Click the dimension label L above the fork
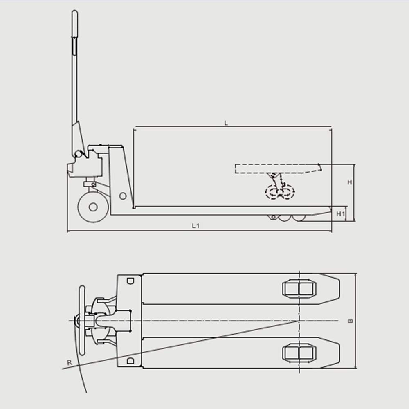point(226,123)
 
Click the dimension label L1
point(196,226)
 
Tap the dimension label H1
point(340,214)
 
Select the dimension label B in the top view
point(351,321)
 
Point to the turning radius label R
point(69,362)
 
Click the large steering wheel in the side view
point(93,207)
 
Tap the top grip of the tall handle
point(74,23)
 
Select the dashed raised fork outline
point(278,169)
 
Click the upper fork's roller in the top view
point(299,288)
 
